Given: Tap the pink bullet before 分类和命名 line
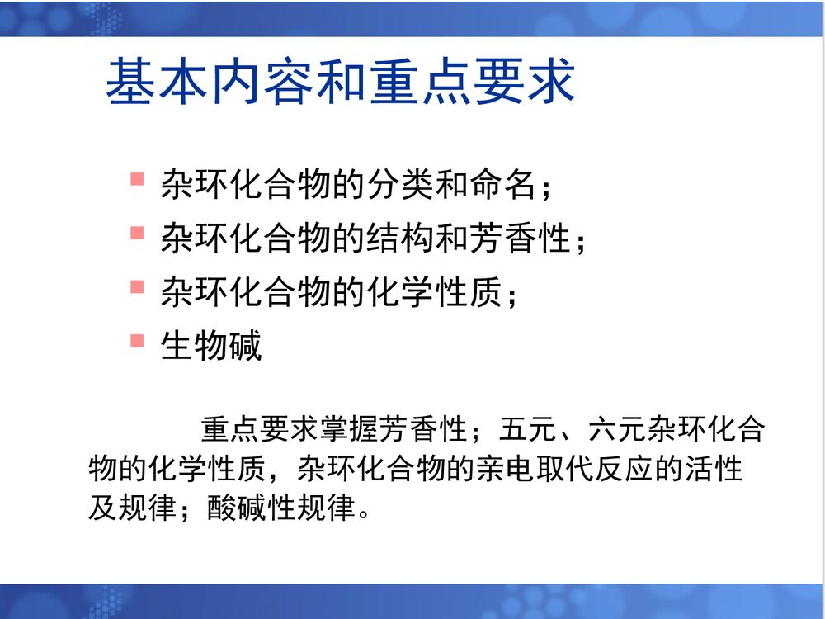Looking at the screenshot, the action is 137,178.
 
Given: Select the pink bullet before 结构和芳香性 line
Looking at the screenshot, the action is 137,233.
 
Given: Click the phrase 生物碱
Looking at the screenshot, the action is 211,346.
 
